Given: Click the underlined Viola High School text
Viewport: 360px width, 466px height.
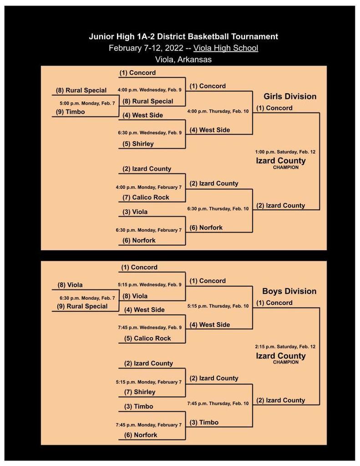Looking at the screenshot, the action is (226, 48).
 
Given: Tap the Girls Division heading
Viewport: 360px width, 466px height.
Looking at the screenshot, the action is (290, 96).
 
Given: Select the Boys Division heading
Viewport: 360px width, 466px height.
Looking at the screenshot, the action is (289, 291).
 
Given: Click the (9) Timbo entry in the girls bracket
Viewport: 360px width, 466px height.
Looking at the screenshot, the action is (71, 112).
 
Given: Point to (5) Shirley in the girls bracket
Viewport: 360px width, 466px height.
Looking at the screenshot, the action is (138, 144).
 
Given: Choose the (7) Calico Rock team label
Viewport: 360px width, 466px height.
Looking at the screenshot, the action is (146, 198).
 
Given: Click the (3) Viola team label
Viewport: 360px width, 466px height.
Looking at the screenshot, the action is (135, 212).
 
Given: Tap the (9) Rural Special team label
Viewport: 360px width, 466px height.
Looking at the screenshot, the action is (82, 306).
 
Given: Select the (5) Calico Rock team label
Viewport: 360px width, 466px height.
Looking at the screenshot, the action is (147, 338).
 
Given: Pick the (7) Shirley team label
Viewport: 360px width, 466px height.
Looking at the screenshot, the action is (140, 392).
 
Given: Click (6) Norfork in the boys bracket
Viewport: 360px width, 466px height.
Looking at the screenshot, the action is (141, 435).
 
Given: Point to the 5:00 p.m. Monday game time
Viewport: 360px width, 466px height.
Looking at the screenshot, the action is (87, 103).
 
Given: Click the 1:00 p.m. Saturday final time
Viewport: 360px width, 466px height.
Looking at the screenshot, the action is (285, 152).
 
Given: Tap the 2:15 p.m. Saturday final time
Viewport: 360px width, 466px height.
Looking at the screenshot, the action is (285, 346).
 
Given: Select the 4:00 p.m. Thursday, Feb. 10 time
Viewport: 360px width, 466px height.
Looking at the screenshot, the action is (218, 111).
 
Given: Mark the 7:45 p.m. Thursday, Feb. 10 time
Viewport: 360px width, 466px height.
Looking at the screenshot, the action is (218, 403).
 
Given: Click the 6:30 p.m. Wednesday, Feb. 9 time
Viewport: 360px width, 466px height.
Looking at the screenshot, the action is (150, 132).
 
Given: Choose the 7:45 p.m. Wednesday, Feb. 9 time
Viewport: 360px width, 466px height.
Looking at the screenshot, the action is (150, 327).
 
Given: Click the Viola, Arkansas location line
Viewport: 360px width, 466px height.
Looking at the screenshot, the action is (183, 60).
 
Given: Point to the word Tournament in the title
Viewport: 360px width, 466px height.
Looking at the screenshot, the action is (254, 36).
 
